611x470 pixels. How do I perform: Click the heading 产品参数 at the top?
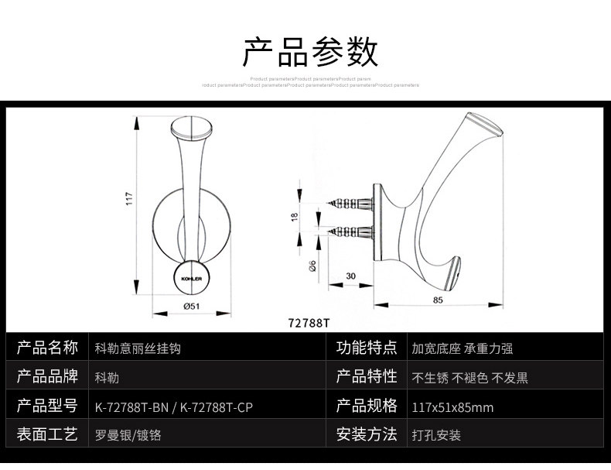(x=310, y=53)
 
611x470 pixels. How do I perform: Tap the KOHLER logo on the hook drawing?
(x=191, y=277)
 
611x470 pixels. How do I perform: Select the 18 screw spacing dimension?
(x=295, y=218)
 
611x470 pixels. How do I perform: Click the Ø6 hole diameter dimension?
(x=312, y=266)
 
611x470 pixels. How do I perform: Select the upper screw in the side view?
(x=352, y=204)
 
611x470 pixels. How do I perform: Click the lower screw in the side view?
(x=352, y=232)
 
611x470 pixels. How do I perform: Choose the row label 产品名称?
(x=48, y=348)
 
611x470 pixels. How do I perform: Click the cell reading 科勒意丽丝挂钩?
(x=137, y=348)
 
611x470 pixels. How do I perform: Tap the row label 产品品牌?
(x=48, y=377)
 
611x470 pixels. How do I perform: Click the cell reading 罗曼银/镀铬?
(x=128, y=435)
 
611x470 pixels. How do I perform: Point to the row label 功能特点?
(x=367, y=348)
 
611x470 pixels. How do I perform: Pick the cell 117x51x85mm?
(x=452, y=407)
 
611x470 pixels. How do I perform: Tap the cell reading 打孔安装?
(x=436, y=435)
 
